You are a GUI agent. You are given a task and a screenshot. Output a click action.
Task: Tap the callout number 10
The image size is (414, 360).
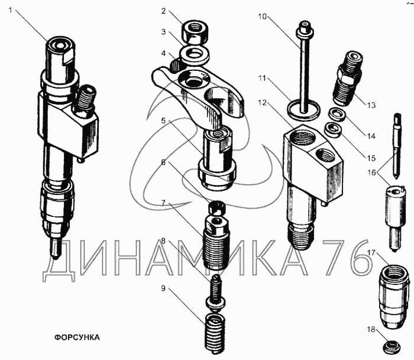(261, 16)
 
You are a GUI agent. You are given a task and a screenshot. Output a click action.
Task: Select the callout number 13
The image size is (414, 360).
(370, 106)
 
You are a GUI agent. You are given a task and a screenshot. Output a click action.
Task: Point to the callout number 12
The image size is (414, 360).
(262, 102)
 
